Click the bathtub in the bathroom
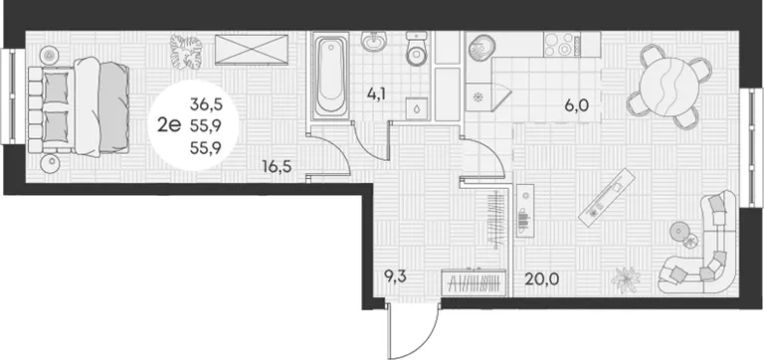coord(331,76)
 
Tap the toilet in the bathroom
coord(417,49)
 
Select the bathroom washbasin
coord(374,41)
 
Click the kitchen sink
coord(481,48)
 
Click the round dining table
coord(667,87)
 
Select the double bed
coord(79,106)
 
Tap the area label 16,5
coord(277,167)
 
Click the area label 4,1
coord(376,92)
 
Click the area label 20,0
coord(541,279)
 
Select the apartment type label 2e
coord(169,126)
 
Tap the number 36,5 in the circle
coord(206,103)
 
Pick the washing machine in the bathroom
coord(417,108)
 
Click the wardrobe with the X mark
coord(252,49)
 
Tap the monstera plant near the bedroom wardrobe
coord(186,51)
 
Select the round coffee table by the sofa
coord(679,232)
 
